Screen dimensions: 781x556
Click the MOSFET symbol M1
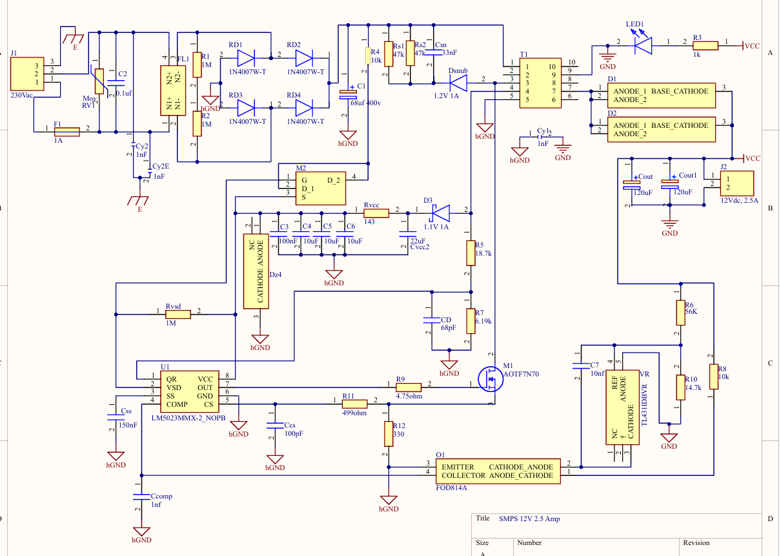click(490, 379)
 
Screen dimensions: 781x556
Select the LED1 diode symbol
click(644, 46)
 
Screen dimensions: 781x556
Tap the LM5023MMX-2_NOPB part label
click(188, 418)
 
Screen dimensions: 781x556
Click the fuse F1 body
click(67, 132)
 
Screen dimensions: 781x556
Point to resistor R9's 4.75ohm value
click(409, 396)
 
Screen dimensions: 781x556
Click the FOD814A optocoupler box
click(498, 471)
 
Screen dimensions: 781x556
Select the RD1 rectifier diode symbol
click(246, 58)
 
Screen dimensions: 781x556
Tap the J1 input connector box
click(27, 74)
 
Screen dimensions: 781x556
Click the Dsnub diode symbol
click(458, 83)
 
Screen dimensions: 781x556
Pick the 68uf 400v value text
click(366, 103)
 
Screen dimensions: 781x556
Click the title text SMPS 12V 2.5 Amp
click(529, 519)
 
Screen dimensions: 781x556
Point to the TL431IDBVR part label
click(644, 405)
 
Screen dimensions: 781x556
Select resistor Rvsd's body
click(178, 314)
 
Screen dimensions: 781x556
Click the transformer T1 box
click(540, 83)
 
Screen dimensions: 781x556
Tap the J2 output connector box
click(737, 183)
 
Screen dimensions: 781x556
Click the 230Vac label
click(21, 95)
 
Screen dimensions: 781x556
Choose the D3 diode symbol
click(441, 213)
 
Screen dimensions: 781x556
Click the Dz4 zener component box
click(256, 271)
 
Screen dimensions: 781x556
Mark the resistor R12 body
click(389, 434)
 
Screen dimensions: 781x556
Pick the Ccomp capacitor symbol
click(141, 497)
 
